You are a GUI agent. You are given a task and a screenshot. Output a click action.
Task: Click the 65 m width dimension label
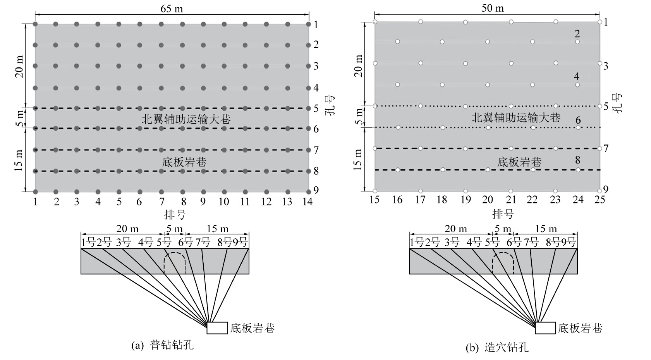(172, 9)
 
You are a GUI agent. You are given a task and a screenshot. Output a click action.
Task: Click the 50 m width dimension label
(493, 8)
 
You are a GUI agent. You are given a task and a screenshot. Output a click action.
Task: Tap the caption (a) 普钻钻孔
(162, 345)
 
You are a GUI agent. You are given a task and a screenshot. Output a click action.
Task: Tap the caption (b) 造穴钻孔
(497, 347)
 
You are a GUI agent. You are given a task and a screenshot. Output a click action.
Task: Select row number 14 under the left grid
(307, 202)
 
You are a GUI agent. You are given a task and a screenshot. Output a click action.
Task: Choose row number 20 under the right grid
(487, 200)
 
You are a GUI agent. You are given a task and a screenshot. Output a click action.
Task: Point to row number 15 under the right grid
(374, 200)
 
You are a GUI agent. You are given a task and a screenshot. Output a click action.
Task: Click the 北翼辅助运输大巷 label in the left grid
(186, 119)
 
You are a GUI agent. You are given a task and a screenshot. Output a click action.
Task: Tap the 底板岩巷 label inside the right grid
(519, 162)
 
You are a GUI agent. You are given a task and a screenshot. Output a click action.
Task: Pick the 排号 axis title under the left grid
(175, 214)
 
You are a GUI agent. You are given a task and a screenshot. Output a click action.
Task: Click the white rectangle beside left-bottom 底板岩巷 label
(217, 327)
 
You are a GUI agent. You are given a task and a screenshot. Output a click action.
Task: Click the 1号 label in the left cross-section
(88, 243)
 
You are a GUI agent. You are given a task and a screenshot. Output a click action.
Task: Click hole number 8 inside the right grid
(578, 160)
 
